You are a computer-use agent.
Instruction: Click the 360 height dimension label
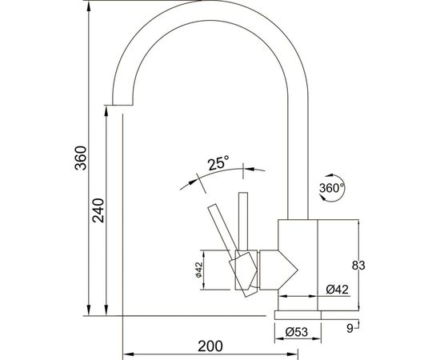[x=81, y=158]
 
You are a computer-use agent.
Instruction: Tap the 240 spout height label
[x=98, y=210]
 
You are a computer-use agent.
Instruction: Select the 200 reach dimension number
[x=210, y=346]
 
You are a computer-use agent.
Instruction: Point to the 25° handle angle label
[x=218, y=163]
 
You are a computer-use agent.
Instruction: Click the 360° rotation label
[x=331, y=188]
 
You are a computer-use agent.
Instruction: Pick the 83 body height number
[x=358, y=265]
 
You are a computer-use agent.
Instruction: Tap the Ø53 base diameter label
[x=297, y=332]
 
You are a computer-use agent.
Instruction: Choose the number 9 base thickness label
[x=350, y=328]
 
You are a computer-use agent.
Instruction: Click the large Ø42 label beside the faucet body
[x=338, y=290]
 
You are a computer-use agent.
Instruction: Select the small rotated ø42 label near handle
[x=199, y=270]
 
